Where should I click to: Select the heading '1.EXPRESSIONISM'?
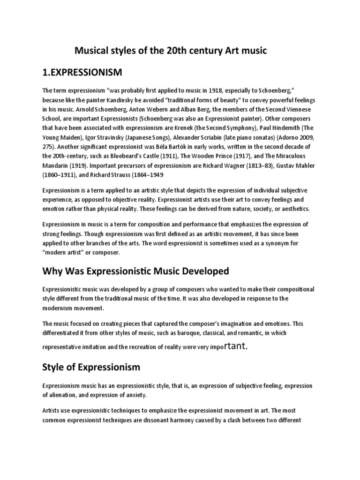[x=82, y=72]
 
